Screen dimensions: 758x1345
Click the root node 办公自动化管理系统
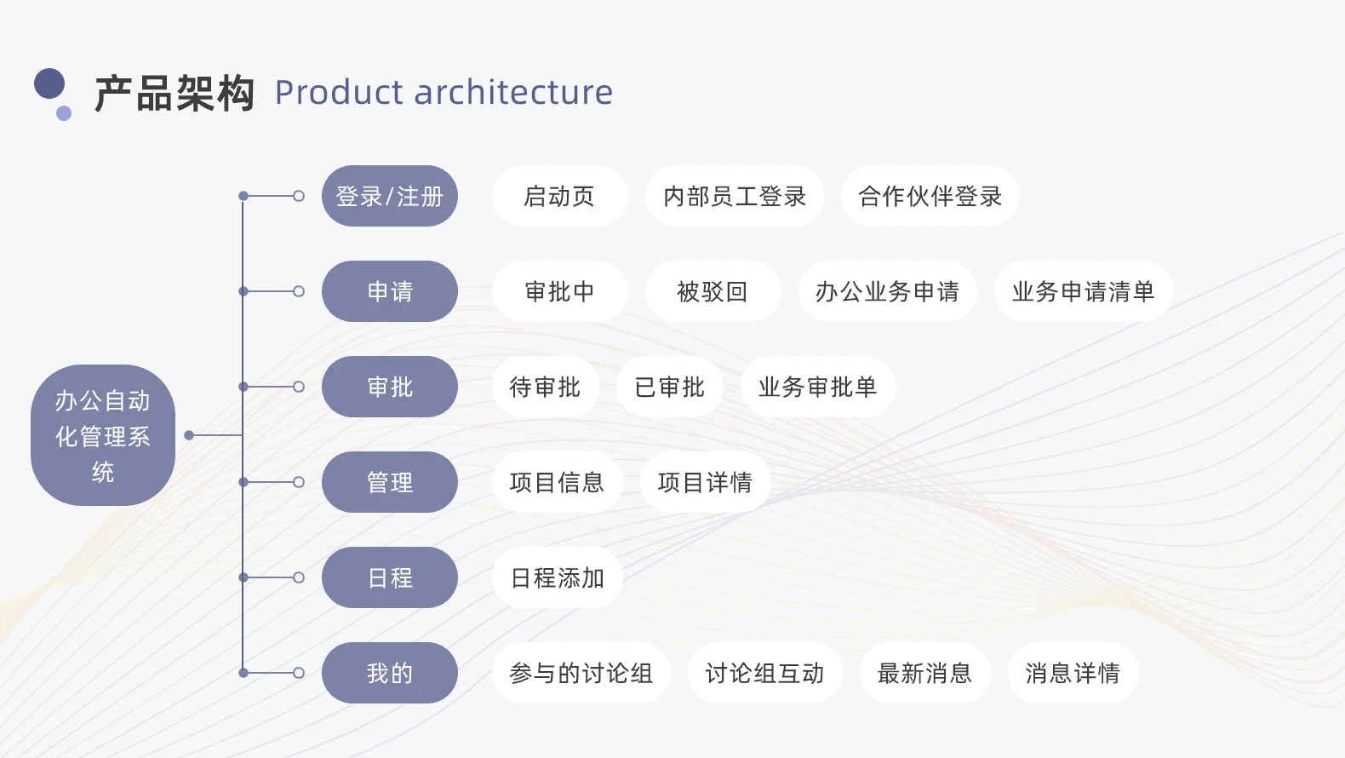click(x=103, y=435)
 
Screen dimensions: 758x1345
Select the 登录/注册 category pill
click(x=390, y=196)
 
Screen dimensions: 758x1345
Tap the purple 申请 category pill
click(x=390, y=291)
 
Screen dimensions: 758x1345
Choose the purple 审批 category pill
click(x=390, y=387)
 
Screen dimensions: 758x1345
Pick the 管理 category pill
click(x=390, y=482)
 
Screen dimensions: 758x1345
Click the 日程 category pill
click(x=390, y=577)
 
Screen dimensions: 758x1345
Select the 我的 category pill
click(x=390, y=673)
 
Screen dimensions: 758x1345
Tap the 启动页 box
click(x=559, y=196)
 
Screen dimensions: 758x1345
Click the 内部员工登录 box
click(x=735, y=196)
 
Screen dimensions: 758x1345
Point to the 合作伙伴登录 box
click(x=930, y=196)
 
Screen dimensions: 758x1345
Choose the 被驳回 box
click(x=713, y=291)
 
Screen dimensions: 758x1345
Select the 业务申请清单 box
click(x=1083, y=291)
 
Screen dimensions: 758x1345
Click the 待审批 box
click(x=546, y=387)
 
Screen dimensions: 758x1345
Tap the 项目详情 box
click(x=705, y=482)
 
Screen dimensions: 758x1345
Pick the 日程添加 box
click(x=558, y=577)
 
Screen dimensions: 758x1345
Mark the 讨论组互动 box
click(x=764, y=673)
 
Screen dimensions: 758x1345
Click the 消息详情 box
click(x=1073, y=673)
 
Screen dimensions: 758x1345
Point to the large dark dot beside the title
click(x=49, y=83)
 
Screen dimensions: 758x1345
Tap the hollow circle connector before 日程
click(x=299, y=577)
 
